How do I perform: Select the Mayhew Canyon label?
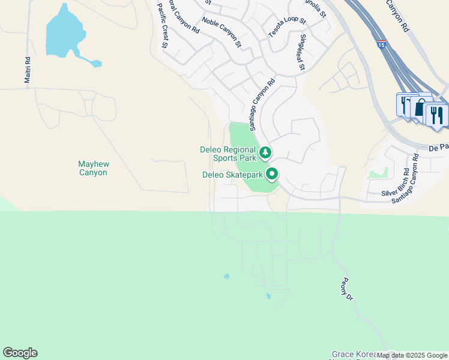pyautogui.click(x=92, y=168)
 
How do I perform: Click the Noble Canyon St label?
pyautogui.click(x=221, y=32)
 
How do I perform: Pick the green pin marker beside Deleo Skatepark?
pyautogui.click(x=272, y=174)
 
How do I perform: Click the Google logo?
pyautogui.click(x=20, y=353)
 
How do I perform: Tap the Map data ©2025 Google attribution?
pyautogui.click(x=412, y=356)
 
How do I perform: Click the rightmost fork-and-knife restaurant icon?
pyautogui.click(x=436, y=114)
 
